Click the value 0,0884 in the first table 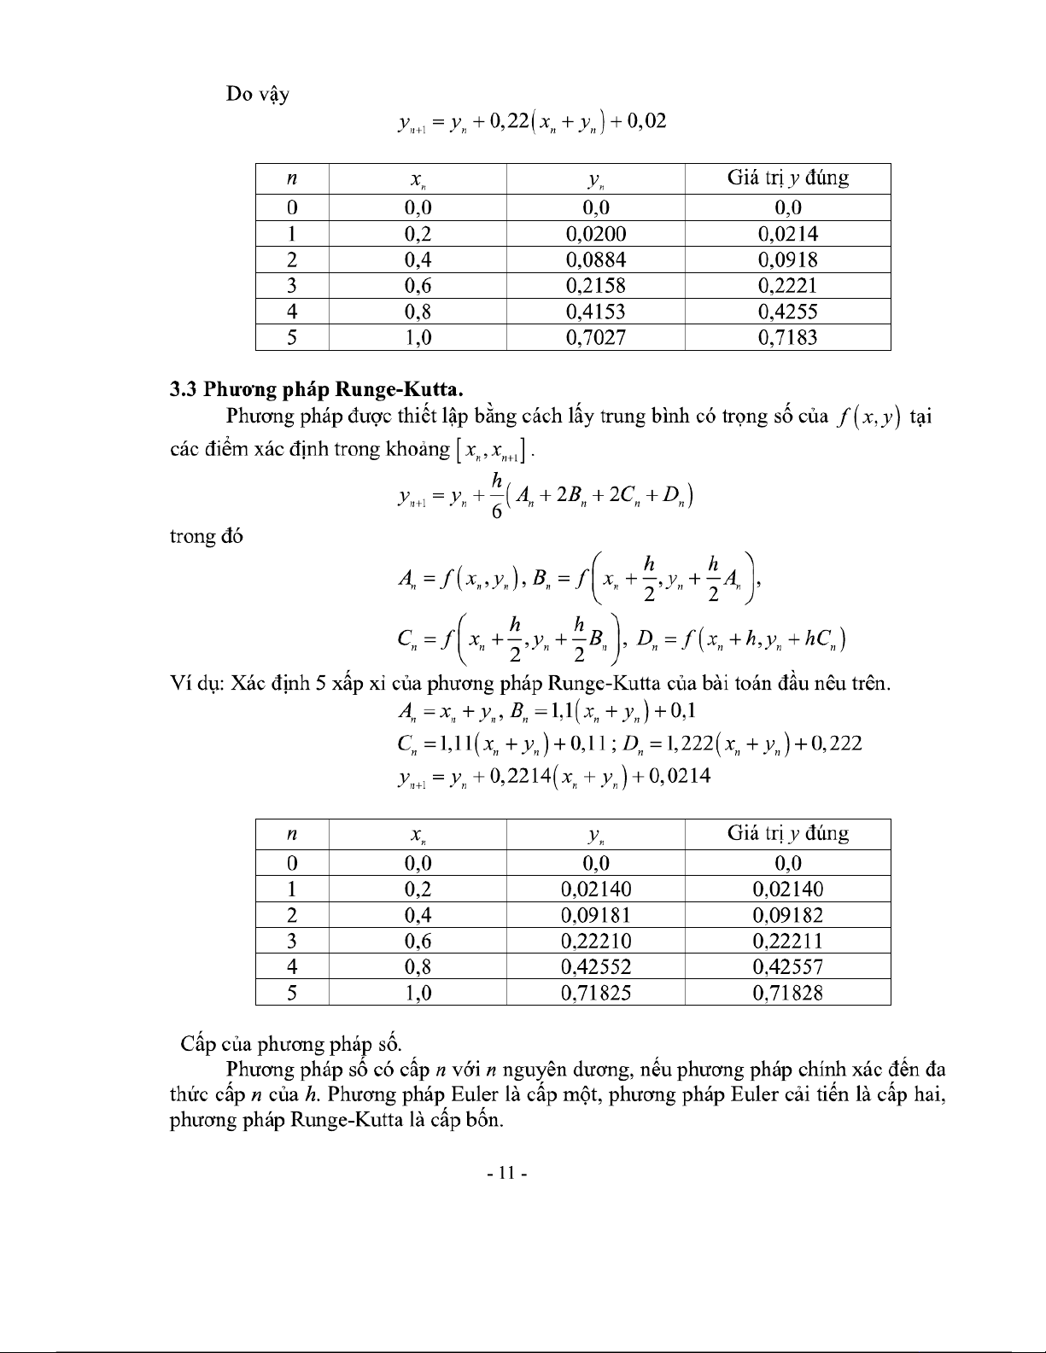pos(596,260)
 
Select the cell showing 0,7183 pos(787,337)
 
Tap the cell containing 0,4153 pos(596,312)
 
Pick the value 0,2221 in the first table pos(787,285)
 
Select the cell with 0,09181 pos(596,915)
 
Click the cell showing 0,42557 pos(787,967)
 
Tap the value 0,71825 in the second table pos(596,993)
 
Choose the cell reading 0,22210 pos(596,941)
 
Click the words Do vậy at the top pos(257,94)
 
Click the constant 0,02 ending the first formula pos(646,122)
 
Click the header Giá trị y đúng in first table pos(787,178)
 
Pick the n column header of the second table pos(292,834)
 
